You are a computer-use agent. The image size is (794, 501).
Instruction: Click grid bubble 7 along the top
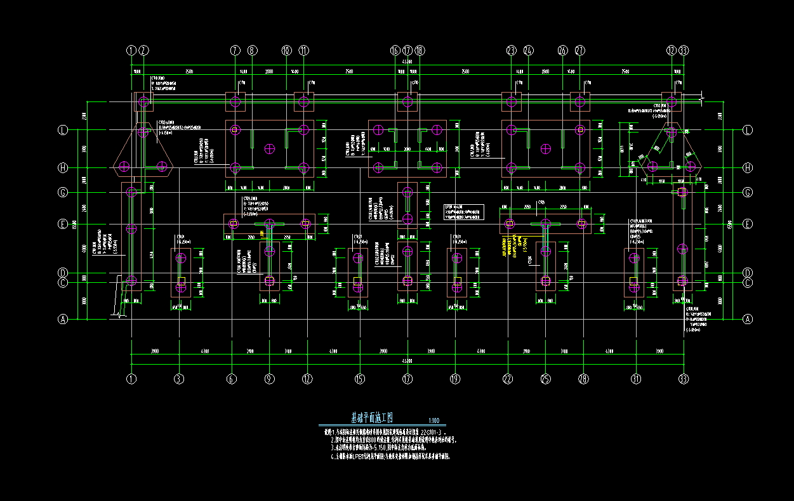pos(235,50)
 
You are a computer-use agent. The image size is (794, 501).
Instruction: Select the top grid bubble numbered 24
pos(528,50)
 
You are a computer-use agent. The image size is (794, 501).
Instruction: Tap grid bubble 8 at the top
pos(252,50)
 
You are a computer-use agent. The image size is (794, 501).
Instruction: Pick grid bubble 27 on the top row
pos(579,50)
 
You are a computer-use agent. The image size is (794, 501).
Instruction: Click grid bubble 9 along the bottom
pos(270,379)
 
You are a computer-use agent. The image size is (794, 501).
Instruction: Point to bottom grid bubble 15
pos(360,379)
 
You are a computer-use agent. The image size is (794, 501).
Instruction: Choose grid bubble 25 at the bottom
pos(545,379)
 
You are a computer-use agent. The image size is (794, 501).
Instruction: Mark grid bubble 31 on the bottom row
pos(635,379)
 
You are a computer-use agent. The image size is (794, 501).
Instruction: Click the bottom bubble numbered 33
pos(684,379)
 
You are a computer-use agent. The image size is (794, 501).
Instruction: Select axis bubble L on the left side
pos(63,130)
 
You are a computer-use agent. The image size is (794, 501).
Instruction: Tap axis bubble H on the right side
pos(748,167)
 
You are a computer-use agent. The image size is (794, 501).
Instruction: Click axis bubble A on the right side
pos(748,319)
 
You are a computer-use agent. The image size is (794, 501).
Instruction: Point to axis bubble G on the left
pos(63,192)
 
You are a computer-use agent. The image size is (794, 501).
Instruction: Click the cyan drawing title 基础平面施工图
pos(373,418)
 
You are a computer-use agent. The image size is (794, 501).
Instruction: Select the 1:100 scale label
pos(434,421)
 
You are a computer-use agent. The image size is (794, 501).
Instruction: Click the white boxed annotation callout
pos(463,212)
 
